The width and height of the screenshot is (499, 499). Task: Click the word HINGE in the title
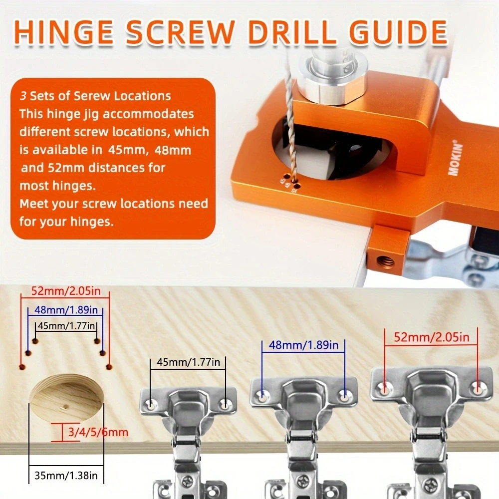[64, 32]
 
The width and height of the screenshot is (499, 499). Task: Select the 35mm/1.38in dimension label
[66, 476]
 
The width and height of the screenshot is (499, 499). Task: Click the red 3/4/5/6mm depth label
[98, 432]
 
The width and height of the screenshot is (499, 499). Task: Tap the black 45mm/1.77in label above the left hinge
[189, 362]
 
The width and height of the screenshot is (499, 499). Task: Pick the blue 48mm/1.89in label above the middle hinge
[303, 345]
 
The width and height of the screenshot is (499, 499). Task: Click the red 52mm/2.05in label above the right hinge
[432, 337]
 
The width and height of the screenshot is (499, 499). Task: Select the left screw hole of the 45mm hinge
[151, 405]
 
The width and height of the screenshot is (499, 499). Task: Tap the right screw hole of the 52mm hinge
[477, 388]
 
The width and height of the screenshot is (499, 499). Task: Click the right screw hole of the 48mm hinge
[344, 397]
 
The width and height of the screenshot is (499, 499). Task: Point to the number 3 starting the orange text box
[23, 96]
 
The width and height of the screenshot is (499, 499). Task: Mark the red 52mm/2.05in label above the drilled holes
[65, 291]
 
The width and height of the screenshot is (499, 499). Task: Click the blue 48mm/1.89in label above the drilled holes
[66, 310]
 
